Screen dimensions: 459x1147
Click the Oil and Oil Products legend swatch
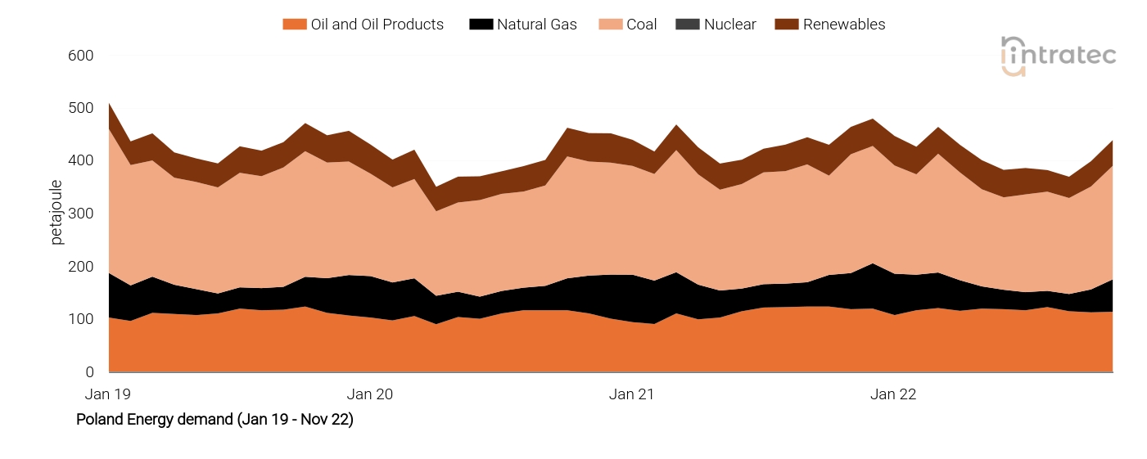294,25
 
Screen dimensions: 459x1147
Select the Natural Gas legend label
536,25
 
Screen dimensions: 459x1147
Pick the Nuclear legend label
729,25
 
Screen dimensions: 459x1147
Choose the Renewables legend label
843,25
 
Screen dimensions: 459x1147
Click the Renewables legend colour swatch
787,25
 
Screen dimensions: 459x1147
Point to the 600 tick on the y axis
81,56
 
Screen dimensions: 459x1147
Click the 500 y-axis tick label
81,109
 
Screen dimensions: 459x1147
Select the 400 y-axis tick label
81,161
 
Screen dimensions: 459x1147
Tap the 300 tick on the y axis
81,214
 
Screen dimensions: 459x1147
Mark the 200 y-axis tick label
81,267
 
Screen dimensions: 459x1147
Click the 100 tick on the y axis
81,320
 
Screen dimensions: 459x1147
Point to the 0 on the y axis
89,372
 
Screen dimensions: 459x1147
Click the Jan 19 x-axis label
108,394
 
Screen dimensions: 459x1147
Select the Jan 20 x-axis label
370,394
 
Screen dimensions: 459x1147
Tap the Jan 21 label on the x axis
632,394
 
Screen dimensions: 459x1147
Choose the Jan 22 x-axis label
893,394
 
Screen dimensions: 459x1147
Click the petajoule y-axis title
56,212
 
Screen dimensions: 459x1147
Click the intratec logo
1058,56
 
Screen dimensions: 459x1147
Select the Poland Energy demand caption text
214,420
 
